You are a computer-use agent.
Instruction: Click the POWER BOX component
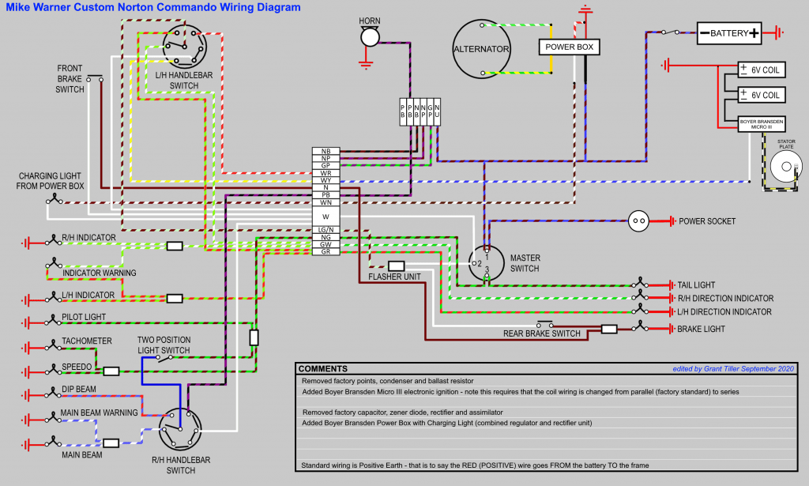point(569,47)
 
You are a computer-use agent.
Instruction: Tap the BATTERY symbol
point(728,33)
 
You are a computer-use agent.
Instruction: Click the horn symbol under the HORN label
point(369,37)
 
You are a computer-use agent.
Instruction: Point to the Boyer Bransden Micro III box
point(762,124)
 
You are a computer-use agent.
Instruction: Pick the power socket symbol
point(638,221)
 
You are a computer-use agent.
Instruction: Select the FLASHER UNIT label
point(393,277)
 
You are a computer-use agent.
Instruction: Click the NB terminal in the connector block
point(325,151)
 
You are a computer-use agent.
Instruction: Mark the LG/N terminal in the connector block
point(325,229)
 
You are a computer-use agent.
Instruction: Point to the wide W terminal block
point(325,216)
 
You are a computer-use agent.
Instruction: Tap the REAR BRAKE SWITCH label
point(542,333)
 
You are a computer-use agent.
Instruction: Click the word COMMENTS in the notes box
point(323,369)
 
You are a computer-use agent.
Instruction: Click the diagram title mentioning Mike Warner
point(150,7)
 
